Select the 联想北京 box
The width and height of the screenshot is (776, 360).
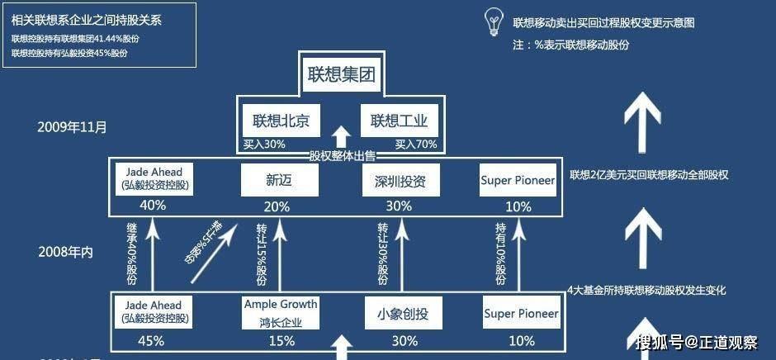click(x=281, y=121)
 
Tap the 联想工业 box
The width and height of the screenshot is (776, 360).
click(x=400, y=121)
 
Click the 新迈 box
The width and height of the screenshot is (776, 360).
click(x=277, y=180)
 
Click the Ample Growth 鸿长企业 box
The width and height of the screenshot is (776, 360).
click(x=281, y=312)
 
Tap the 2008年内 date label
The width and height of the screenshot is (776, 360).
click(x=65, y=252)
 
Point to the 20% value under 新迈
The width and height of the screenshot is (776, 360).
click(x=277, y=206)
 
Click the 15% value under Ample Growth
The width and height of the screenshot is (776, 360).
click(x=281, y=340)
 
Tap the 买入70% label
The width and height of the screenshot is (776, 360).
click(x=414, y=144)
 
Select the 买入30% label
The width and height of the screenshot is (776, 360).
click(x=264, y=144)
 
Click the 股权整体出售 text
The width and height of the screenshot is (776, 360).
click(x=342, y=155)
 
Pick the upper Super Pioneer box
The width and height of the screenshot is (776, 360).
click(x=518, y=180)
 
